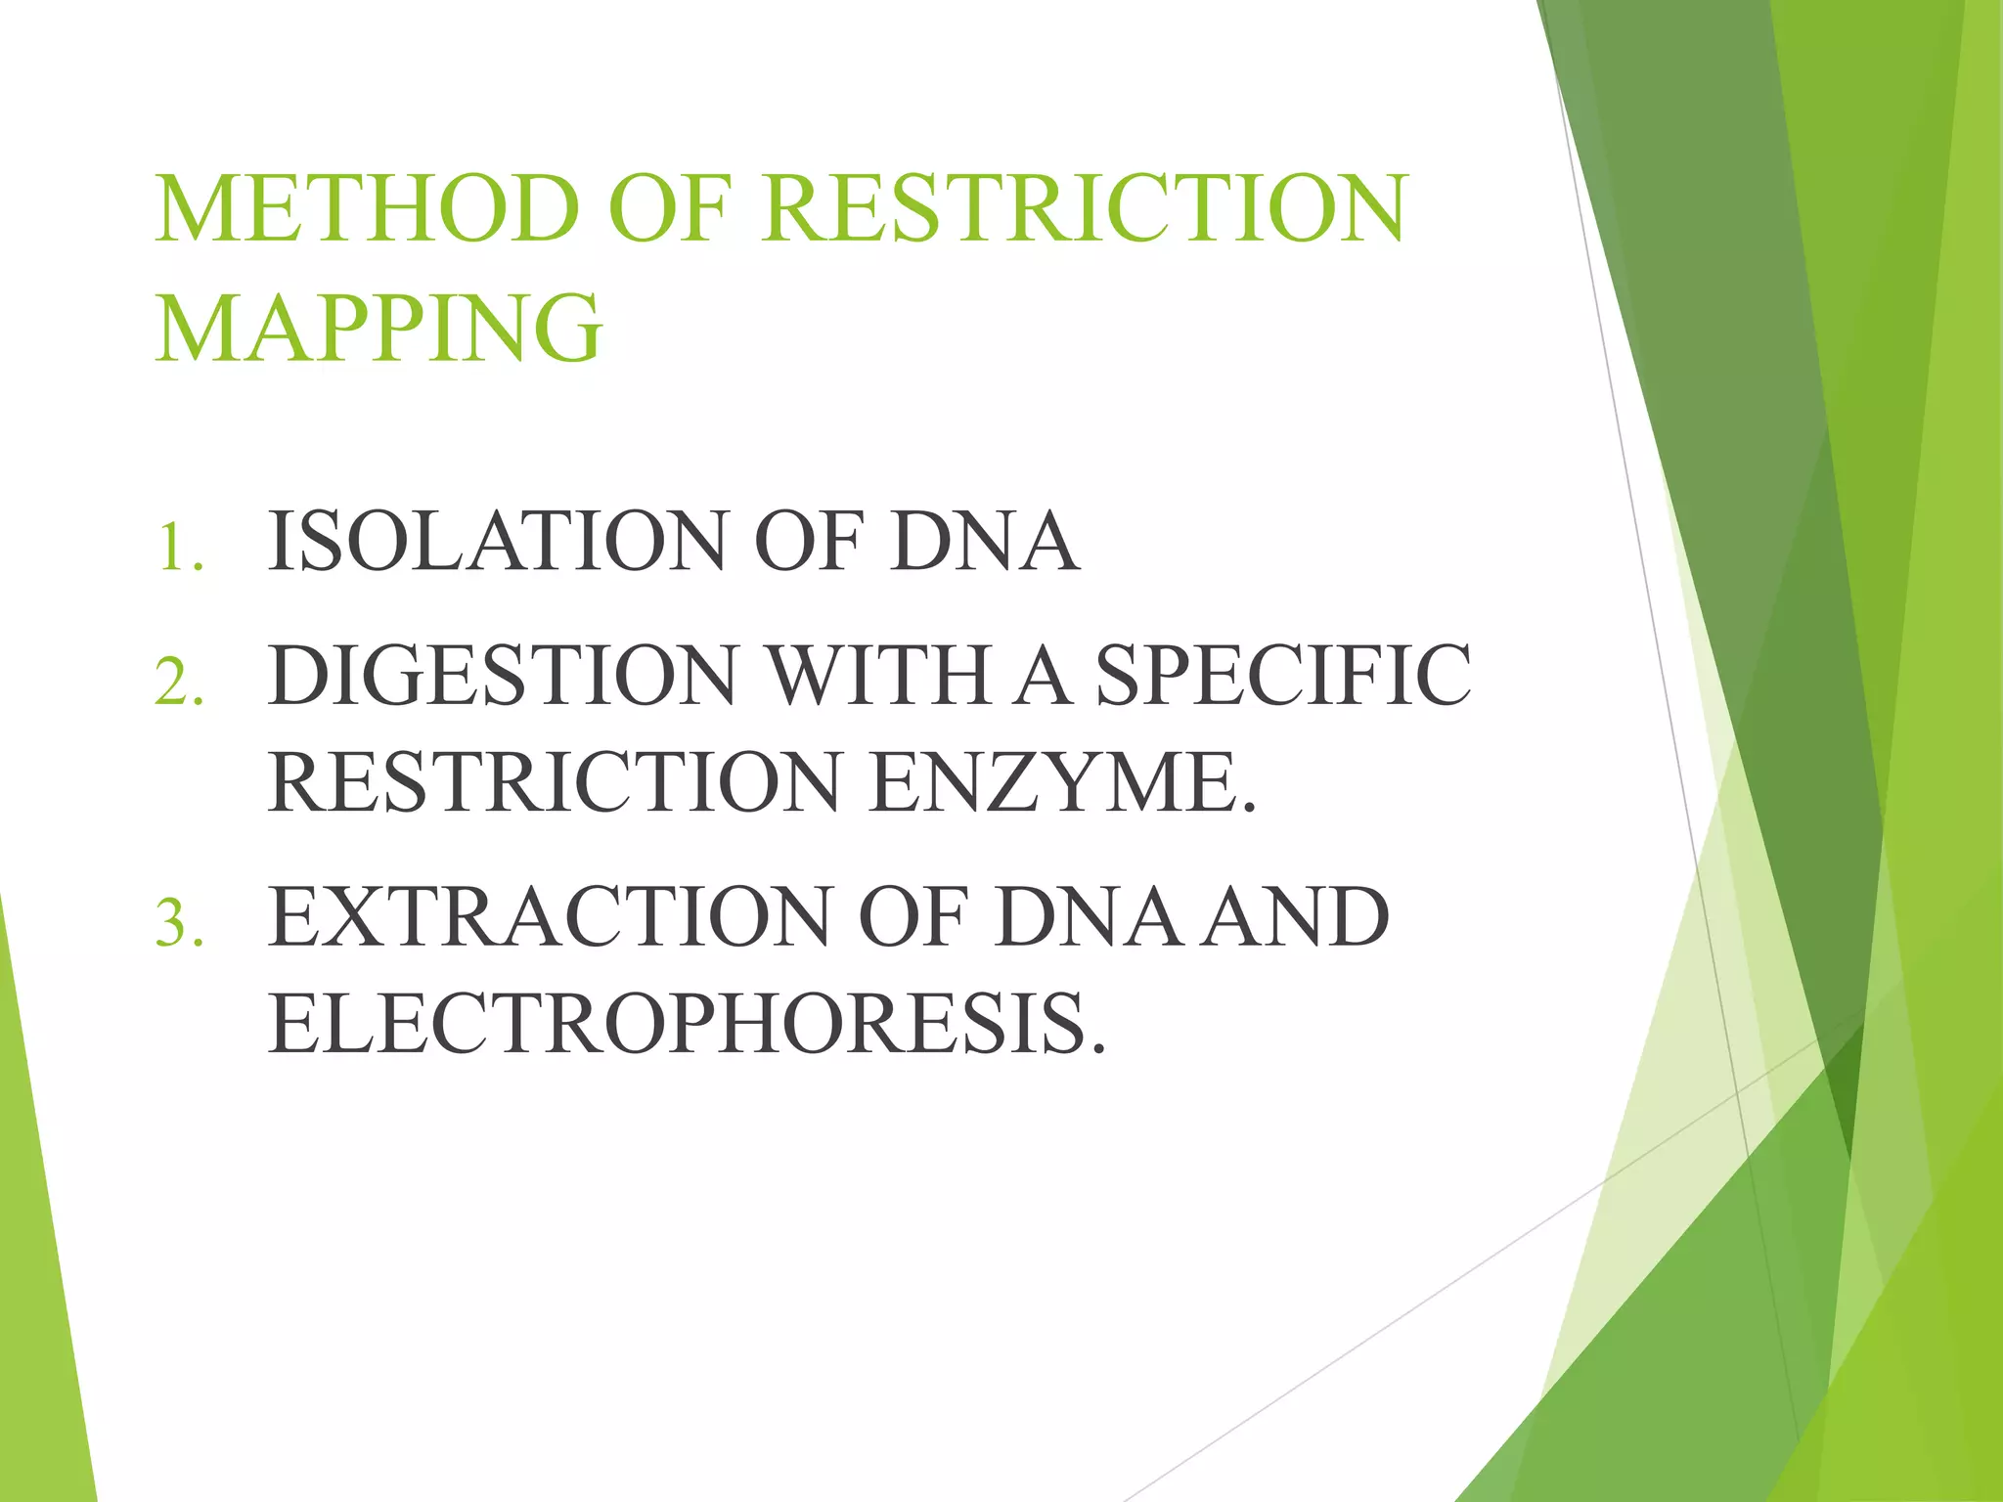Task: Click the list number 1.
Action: coord(179,547)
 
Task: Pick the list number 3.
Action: coord(179,922)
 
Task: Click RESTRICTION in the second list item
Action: coord(554,782)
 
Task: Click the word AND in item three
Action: coord(1295,917)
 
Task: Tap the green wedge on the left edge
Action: coord(39,1271)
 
